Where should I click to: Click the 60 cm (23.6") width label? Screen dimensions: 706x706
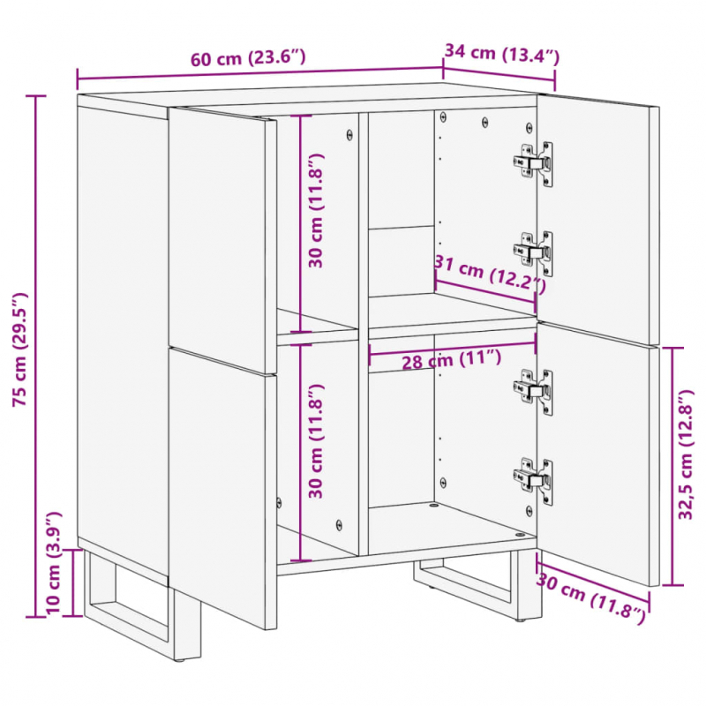(248, 58)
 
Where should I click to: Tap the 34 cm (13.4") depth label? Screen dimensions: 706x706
(500, 53)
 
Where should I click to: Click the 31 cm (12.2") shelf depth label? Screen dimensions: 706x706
(489, 274)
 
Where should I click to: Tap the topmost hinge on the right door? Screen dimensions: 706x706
(535, 163)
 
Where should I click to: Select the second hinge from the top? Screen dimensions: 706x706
(535, 253)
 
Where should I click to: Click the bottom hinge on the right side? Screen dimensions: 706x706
(535, 480)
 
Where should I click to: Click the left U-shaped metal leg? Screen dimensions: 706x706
(132, 609)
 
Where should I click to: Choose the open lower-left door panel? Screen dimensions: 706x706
(221, 485)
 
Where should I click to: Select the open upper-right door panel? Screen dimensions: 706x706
(600, 221)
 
